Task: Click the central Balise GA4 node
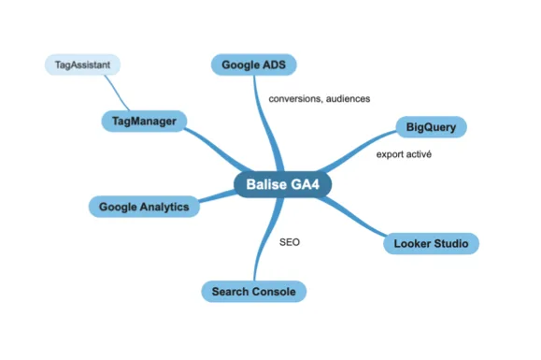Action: pos(282,184)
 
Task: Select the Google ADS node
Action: pos(253,65)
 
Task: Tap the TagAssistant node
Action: pos(82,65)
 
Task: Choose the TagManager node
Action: pos(144,122)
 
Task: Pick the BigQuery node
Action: pos(431,127)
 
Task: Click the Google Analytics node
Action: pos(144,207)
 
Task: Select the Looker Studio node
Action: pos(431,244)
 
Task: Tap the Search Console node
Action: pos(253,292)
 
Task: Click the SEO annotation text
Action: pos(290,242)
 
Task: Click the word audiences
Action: pos(348,99)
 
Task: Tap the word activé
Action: pos(419,154)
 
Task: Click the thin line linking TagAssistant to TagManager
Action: pos(117,93)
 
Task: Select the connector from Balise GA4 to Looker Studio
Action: pos(352,217)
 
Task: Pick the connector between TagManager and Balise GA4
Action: pos(218,148)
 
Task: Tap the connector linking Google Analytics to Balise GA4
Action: pos(218,195)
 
